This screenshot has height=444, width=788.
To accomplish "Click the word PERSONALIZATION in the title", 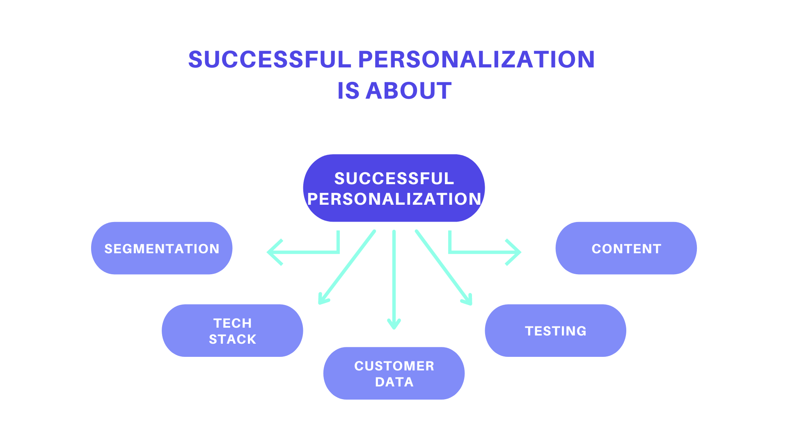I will coord(476,59).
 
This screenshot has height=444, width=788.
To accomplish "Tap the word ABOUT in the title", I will coord(408,91).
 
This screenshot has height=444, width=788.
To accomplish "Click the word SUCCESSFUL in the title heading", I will coord(270,59).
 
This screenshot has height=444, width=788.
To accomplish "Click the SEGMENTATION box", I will coord(162,248).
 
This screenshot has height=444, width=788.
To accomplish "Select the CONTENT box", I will coord(626,248).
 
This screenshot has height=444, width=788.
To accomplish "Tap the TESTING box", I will coord(555,331).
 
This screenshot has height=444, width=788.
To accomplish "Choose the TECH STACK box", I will coord(232,331).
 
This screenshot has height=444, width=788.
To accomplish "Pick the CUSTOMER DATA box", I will coord(394,373).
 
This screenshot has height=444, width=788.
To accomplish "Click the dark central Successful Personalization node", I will coord(394,188).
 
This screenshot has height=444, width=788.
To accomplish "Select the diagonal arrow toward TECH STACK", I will coord(347,267).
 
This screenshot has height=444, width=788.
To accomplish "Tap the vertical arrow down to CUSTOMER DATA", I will coord(394,280).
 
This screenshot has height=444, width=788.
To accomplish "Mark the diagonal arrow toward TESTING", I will coord(443,267).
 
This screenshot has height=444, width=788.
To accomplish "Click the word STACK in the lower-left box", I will coord(232,339).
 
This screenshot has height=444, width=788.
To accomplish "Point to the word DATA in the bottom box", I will coord(394,382).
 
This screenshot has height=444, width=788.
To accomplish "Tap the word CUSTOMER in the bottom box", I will coord(394,366).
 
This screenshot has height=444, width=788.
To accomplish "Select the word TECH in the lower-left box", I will coord(232,323).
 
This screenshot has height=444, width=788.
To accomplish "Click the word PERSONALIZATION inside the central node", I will coord(394,199).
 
